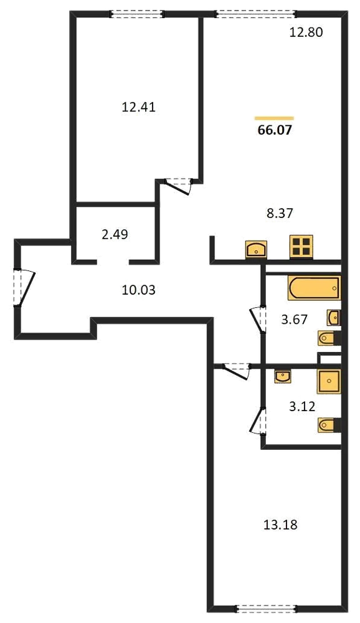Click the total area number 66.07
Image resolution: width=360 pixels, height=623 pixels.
(275, 130)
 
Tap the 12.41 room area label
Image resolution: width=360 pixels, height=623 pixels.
(138, 107)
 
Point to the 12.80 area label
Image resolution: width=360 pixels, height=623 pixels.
(306, 32)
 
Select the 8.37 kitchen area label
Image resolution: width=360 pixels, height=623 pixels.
(279, 213)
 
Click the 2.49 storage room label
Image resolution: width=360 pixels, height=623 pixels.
(115, 234)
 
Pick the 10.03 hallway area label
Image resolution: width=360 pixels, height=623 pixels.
(138, 290)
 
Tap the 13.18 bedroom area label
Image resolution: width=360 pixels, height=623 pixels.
(280, 525)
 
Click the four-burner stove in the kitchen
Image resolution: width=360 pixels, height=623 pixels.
(301, 247)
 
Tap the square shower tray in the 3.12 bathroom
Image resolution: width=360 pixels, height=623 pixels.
(329, 381)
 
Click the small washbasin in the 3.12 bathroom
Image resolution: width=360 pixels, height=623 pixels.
(283, 376)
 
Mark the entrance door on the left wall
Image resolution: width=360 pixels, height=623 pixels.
(23, 287)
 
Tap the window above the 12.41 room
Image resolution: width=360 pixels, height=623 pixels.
(136, 14)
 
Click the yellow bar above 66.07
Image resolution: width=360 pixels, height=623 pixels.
(274, 118)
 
